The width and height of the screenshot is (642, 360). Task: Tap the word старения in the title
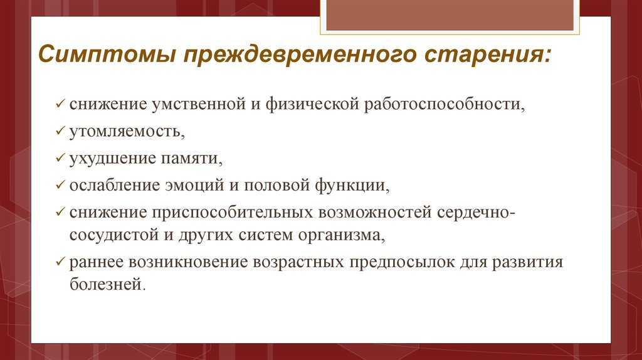pyautogui.click(x=488, y=54)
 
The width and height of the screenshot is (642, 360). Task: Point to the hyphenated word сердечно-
pyautogui.click(x=473, y=212)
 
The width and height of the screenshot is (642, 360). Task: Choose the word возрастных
pyautogui.click(x=297, y=262)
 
